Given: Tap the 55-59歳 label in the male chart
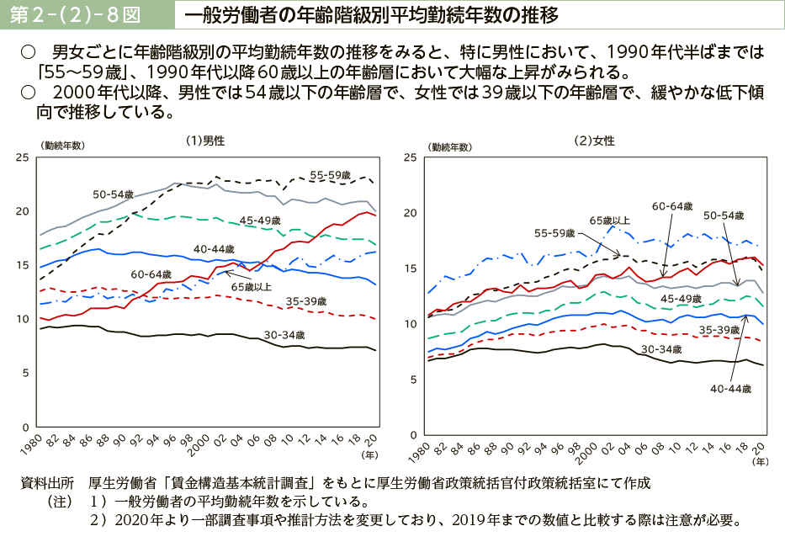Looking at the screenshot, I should click(x=329, y=175).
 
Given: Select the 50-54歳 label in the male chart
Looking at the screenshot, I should click(x=114, y=194).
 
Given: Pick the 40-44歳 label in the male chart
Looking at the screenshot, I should click(x=213, y=248).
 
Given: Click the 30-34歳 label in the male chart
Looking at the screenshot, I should click(x=284, y=334).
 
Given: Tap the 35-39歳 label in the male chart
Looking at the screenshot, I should click(x=305, y=300).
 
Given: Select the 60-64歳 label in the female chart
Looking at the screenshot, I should click(x=671, y=206).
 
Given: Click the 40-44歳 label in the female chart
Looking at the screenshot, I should click(x=730, y=389).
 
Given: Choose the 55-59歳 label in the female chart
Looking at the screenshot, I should click(x=554, y=232).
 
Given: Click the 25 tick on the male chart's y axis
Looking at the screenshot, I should click(x=23, y=157).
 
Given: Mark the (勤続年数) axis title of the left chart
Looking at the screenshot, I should click(x=61, y=146).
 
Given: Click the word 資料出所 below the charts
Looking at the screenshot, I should click(x=47, y=483).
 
